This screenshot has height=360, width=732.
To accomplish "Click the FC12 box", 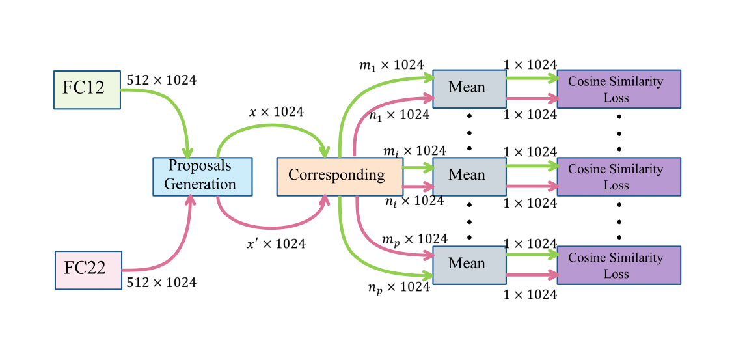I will point(87,89).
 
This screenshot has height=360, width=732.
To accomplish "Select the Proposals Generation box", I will point(202,176).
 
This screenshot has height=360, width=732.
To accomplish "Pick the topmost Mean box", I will point(469,89).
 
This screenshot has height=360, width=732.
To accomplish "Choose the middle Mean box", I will point(469,176).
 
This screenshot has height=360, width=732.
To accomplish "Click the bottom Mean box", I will point(469,265).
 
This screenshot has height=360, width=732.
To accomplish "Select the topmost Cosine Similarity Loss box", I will point(618,89).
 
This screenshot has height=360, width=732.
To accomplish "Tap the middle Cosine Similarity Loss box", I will point(618,176).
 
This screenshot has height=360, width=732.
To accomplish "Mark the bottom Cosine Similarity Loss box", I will point(618,265).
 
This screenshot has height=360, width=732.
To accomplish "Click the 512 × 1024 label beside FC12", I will point(161,81).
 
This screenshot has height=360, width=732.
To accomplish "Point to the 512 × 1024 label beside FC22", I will point(161,283).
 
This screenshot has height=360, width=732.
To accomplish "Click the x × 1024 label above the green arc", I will point(276,112).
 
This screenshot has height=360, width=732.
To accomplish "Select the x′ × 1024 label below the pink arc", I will point(276,245).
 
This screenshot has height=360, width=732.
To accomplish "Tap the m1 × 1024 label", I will point(391,65).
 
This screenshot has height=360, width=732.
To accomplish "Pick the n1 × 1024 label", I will point(399,115).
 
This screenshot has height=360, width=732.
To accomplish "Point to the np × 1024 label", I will point(399,286).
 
